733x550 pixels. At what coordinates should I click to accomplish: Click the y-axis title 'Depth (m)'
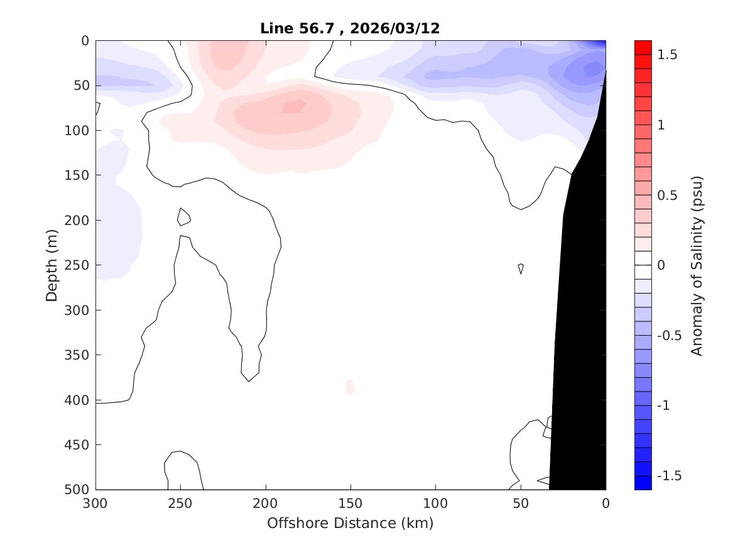(x=52, y=265)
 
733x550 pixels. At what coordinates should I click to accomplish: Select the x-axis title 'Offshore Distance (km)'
(x=350, y=523)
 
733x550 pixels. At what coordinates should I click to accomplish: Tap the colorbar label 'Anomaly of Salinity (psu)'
(x=697, y=266)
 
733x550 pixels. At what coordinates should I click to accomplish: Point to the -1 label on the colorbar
(x=664, y=405)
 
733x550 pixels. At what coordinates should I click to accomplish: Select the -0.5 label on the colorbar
(x=668, y=336)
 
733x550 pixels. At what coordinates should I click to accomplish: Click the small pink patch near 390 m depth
(x=350, y=387)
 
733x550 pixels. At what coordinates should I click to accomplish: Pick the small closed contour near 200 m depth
(x=183, y=217)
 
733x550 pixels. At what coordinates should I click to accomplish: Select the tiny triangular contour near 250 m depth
(x=521, y=268)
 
